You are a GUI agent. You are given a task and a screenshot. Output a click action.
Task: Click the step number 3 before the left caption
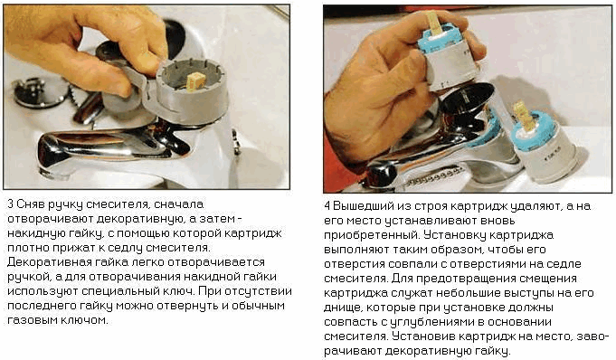tap(11, 204)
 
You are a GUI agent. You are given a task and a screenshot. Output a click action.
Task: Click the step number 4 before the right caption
tap(327, 206)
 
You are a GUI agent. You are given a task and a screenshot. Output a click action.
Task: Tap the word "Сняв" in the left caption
tap(31, 204)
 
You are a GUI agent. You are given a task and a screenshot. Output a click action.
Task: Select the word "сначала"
tap(178, 204)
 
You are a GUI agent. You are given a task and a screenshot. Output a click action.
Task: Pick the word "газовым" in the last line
tap(33, 320)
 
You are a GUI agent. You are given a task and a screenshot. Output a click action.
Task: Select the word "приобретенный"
tap(367, 235)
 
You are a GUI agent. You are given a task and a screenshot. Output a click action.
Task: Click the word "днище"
tap(343, 308)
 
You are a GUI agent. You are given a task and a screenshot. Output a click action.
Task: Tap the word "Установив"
tap(423, 336)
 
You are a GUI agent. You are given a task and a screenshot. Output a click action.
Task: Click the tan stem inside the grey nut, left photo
tap(195, 81)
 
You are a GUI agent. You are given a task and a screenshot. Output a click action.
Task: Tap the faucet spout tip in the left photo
tap(51, 157)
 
